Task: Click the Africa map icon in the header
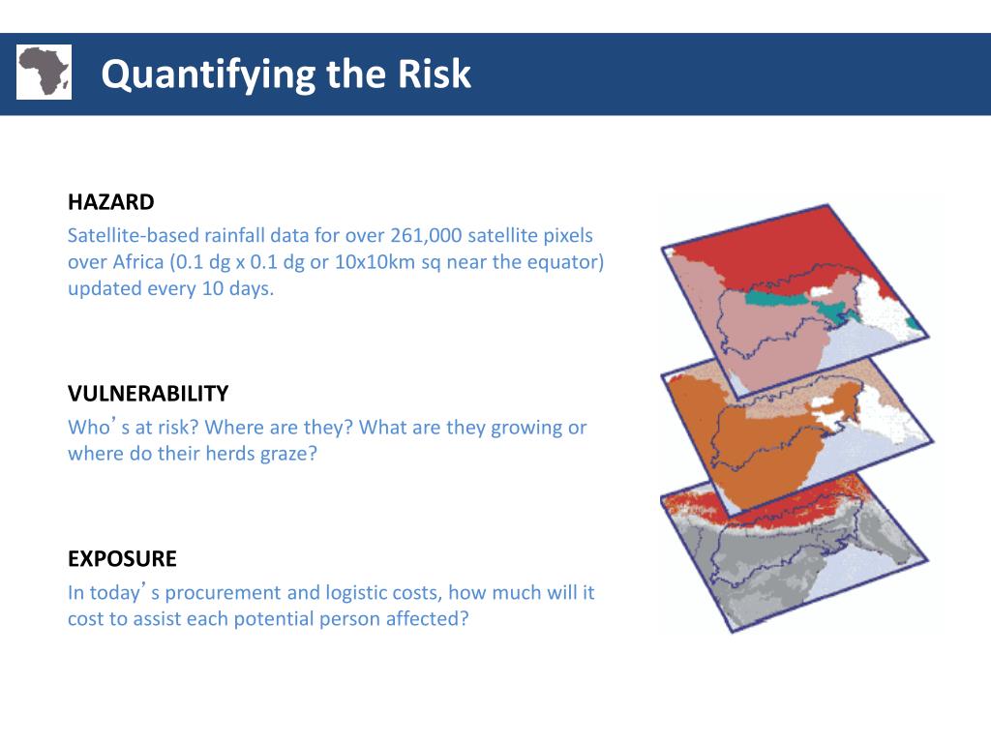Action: pos(44,72)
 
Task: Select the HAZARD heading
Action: pos(110,202)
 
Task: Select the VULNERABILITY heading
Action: pos(148,394)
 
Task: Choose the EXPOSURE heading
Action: pos(122,559)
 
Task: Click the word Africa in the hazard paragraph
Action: pos(139,262)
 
